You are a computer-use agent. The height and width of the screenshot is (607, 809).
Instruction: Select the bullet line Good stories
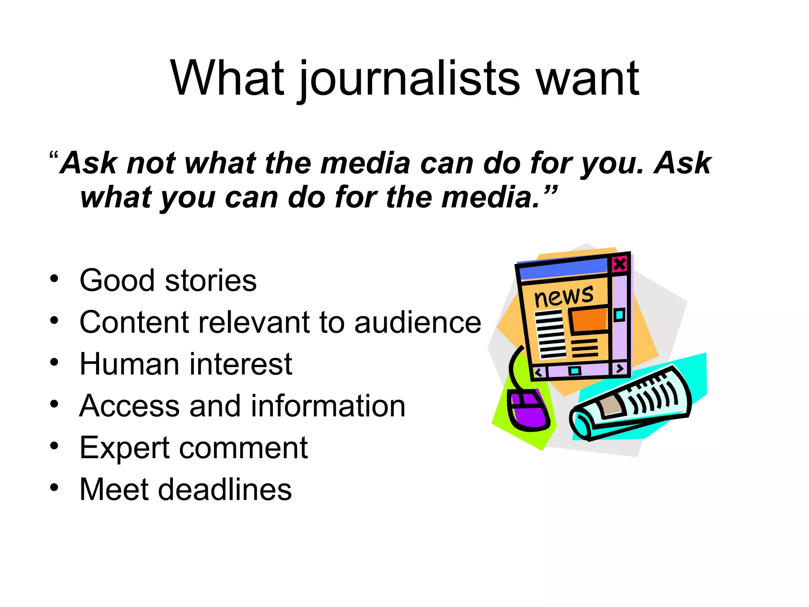(x=168, y=281)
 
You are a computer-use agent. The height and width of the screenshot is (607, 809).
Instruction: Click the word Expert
(x=124, y=448)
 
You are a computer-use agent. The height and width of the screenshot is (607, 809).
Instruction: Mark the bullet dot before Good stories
(x=54, y=279)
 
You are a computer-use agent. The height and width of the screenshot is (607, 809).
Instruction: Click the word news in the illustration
(x=564, y=296)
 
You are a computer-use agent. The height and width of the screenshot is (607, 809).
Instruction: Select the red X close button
(x=619, y=264)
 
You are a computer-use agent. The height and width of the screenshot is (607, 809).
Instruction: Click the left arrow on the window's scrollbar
(x=538, y=373)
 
